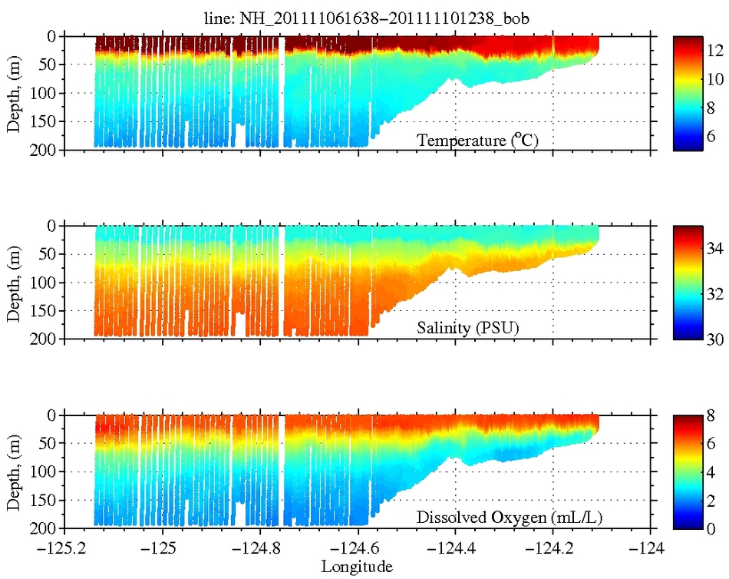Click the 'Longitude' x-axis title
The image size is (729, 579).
point(357,567)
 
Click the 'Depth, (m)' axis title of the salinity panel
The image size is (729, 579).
point(14,282)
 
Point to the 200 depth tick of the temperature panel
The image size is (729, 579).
point(44,150)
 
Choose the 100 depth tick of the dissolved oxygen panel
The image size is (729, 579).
point(44,471)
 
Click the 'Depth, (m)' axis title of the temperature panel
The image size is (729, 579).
point(14,93)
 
